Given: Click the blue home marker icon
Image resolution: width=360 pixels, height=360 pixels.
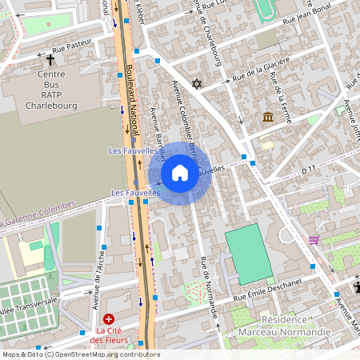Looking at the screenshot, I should tap(179, 173).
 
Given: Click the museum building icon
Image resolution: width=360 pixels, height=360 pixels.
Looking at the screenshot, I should tap(267, 118).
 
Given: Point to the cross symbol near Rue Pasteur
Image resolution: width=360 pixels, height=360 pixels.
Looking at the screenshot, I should tap(50, 60).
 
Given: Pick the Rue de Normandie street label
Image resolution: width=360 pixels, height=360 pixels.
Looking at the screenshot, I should tap(210, 286).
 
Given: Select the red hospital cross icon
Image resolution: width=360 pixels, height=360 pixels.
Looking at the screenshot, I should tap(109, 318).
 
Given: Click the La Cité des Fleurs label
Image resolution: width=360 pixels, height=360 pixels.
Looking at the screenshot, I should tap(110, 336).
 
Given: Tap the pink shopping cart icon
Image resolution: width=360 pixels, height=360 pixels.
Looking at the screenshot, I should tap(314, 239).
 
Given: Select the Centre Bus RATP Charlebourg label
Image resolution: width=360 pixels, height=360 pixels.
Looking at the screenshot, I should tap(51, 90).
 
